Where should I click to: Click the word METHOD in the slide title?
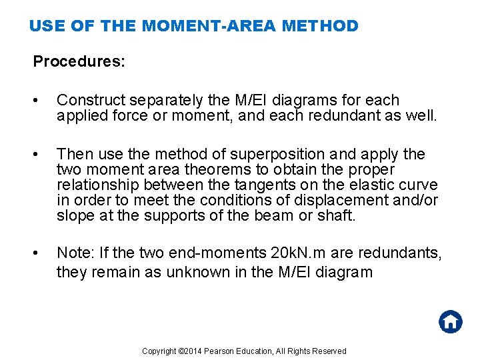point(320,26)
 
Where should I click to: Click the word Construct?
point(89,101)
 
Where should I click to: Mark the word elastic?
point(383,185)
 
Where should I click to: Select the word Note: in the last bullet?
point(75,253)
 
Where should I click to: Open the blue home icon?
point(450,322)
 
